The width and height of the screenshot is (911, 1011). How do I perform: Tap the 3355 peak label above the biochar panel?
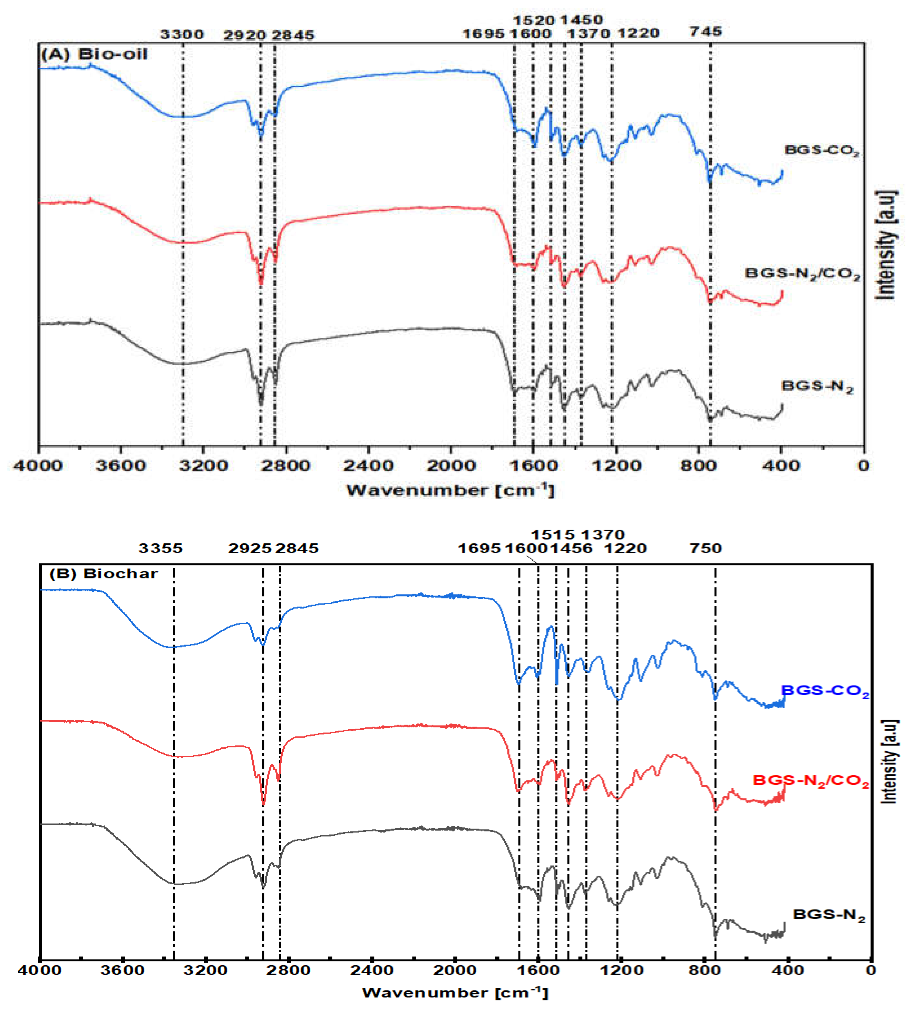point(161,548)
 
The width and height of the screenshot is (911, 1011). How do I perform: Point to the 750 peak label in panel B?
point(706,548)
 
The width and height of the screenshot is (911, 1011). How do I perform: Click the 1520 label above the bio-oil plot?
point(534,21)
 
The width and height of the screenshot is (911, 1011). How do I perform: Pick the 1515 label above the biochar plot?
point(553,535)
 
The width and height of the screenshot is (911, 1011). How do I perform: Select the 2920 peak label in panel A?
point(244,35)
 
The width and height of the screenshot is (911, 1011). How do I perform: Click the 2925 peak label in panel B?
point(250,548)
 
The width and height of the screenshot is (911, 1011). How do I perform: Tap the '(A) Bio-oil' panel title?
point(94,54)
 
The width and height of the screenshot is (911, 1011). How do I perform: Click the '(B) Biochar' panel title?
point(103,573)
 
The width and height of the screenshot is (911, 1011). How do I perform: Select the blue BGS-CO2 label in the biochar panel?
point(825,691)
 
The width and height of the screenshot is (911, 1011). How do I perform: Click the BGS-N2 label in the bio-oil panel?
point(817,386)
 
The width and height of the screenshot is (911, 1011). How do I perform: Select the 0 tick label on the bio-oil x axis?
point(863,466)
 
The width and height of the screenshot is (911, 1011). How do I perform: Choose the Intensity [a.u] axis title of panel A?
point(886,245)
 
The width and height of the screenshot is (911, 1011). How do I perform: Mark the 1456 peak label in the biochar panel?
point(572,548)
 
